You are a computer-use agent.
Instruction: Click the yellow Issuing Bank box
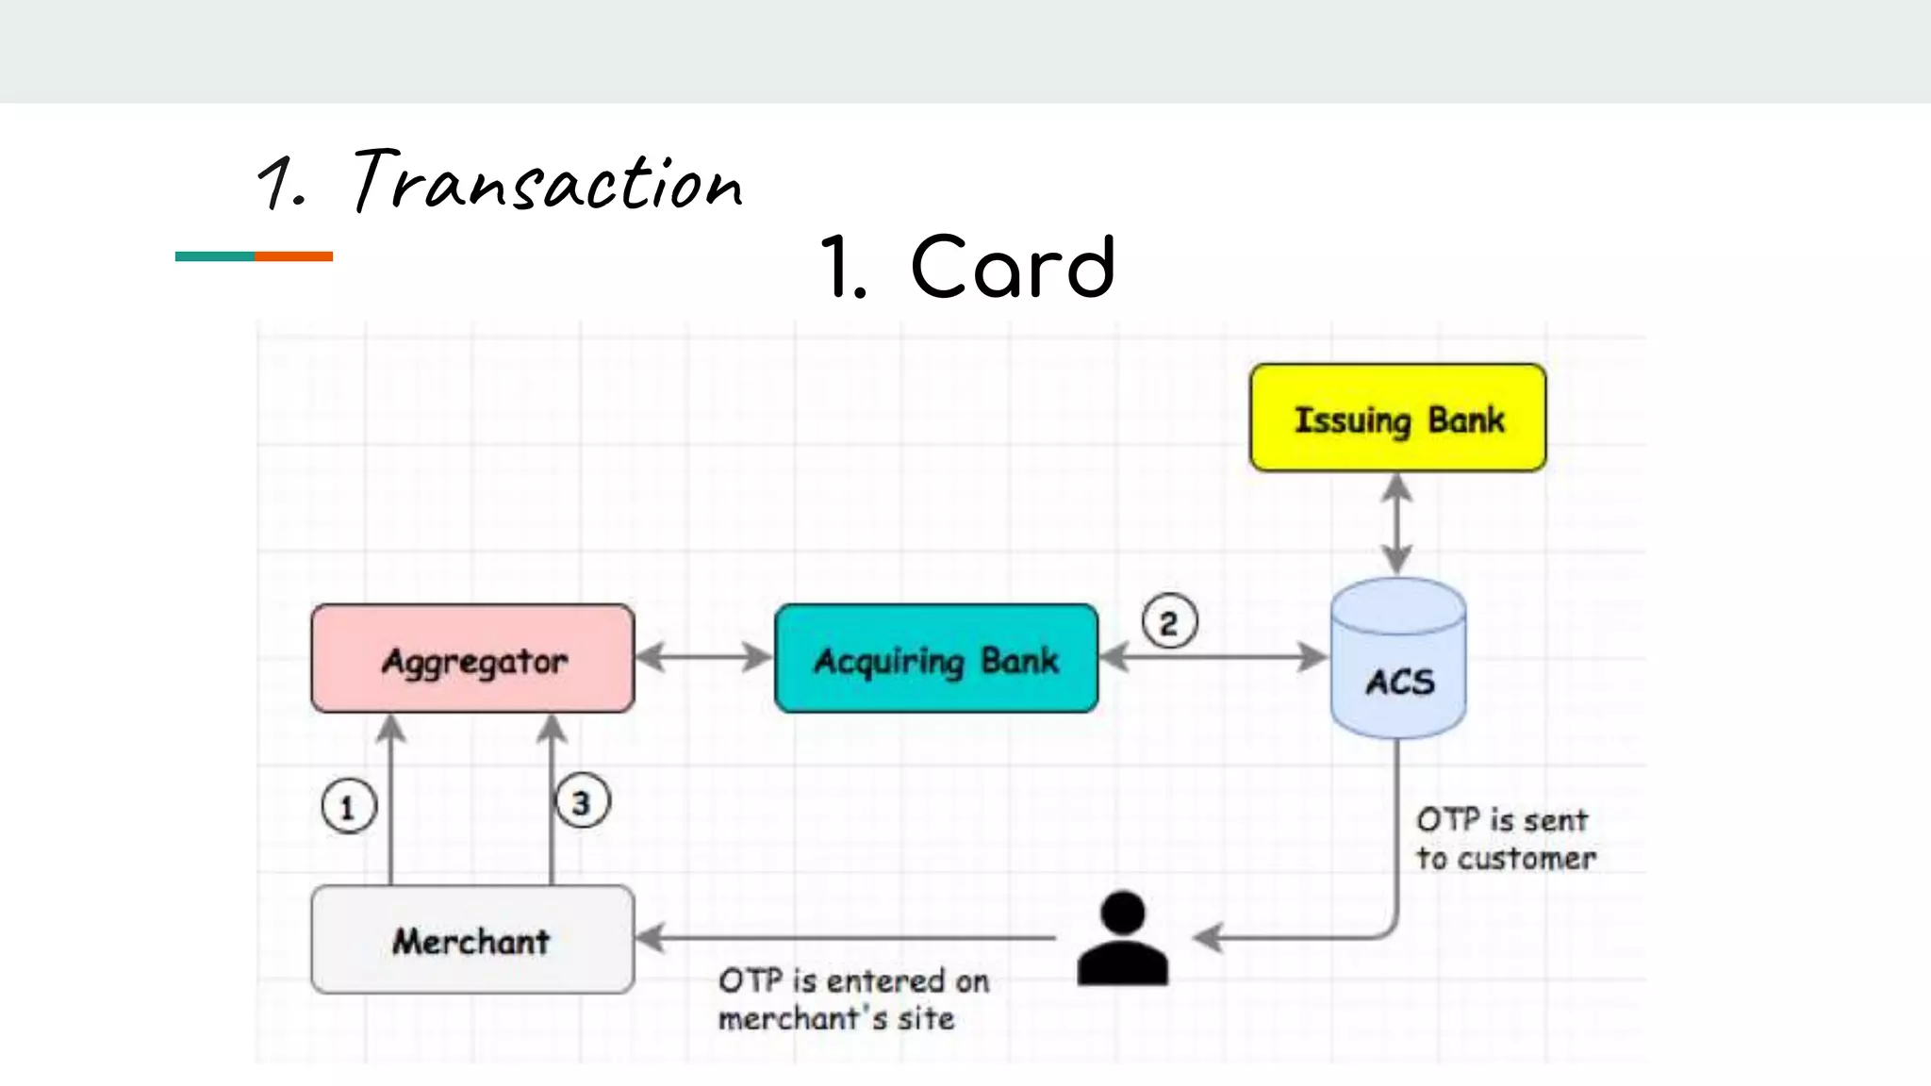(1397, 418)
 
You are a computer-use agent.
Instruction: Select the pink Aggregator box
(472, 659)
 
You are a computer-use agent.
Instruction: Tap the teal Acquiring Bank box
(935, 659)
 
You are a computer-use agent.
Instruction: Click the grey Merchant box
(472, 940)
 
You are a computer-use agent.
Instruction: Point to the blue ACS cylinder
(1397, 660)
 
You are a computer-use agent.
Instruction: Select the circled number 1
(348, 807)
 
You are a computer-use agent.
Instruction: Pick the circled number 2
(1169, 622)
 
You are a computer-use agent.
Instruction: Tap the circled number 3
(582, 802)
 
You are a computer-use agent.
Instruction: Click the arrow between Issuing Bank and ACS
(1396, 523)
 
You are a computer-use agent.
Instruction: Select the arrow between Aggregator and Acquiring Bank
(703, 657)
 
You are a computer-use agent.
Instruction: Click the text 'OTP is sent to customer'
(1505, 839)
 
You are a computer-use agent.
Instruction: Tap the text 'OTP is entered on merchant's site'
(852, 999)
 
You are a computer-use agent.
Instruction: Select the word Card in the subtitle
(1013, 268)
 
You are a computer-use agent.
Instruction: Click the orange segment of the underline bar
(293, 256)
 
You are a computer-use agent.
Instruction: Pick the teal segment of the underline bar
(214, 256)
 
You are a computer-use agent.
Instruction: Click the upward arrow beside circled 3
(552, 801)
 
